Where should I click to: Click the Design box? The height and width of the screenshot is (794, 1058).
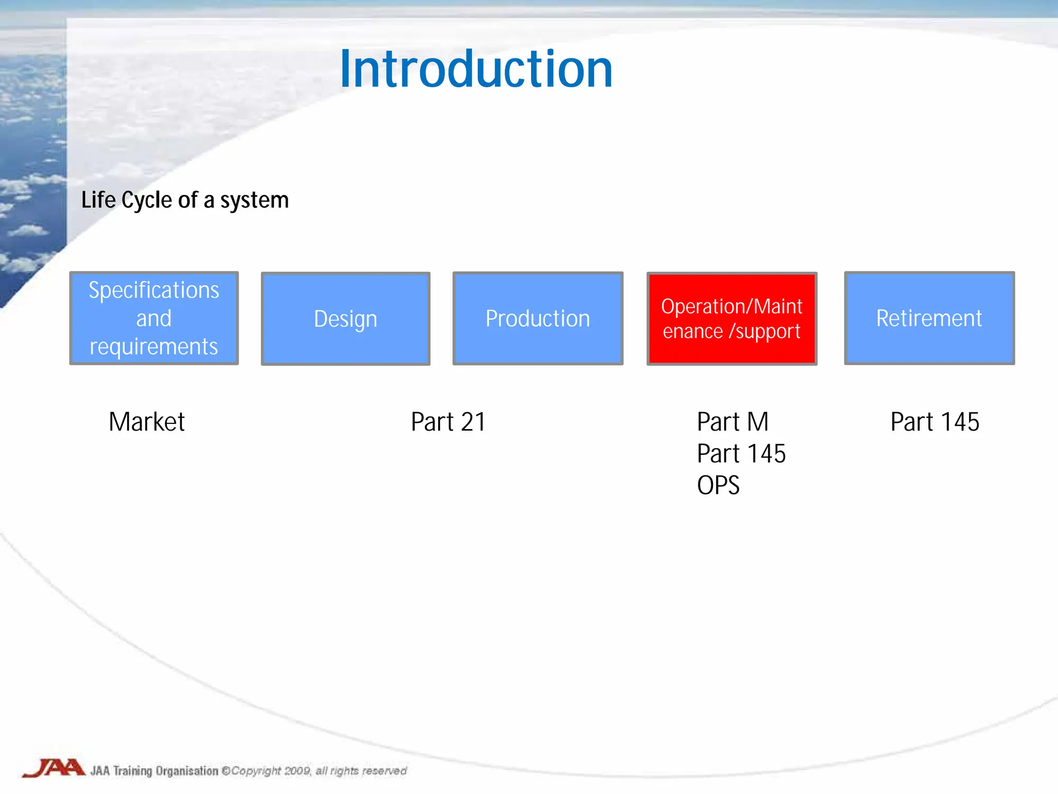346,318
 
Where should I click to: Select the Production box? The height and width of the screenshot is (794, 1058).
538,318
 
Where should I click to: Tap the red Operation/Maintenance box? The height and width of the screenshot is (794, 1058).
732,318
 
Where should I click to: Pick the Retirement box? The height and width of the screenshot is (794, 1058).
929,318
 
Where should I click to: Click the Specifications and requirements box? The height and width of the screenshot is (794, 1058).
154,318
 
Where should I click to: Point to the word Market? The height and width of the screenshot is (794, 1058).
147,422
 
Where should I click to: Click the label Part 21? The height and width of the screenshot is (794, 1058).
448,422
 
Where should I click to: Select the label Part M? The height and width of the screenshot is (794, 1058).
733,422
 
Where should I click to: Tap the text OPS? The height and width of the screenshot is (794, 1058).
718,485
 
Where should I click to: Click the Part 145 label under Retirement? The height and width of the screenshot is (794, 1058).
935,422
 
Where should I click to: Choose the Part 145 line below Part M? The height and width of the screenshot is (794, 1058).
741,454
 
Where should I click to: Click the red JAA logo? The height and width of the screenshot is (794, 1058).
54,768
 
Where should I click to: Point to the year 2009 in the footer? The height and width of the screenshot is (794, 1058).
297,771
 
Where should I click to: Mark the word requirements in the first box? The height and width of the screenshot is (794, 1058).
154,347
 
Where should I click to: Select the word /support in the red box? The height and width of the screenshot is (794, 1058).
764,331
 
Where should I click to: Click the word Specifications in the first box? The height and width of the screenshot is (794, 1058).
154,290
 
